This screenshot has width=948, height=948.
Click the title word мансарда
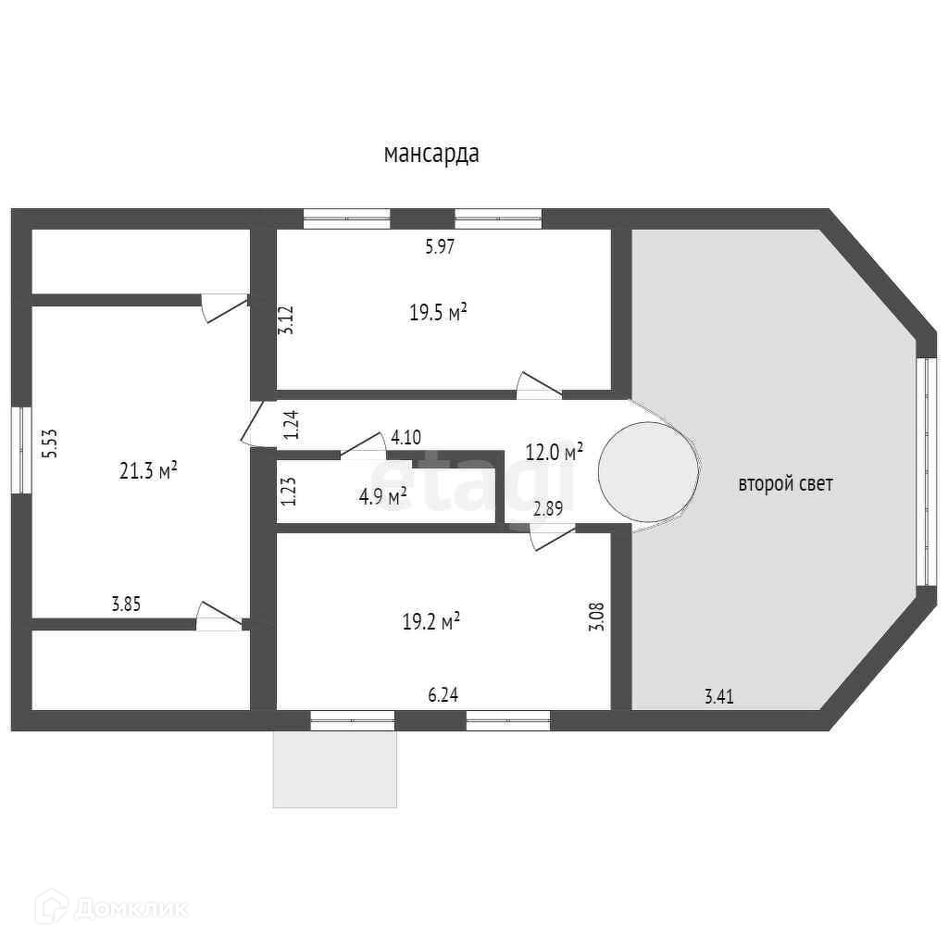[431, 154]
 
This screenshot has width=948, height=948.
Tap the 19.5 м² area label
[438, 313]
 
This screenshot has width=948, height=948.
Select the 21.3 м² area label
[148, 471]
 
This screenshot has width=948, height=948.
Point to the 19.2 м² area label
[431, 622]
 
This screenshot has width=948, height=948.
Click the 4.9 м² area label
[383, 497]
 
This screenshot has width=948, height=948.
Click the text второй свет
[785, 483]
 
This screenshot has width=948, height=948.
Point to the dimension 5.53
[53, 443]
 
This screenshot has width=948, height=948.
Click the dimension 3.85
[126, 605]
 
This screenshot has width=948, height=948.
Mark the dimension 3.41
[718, 697]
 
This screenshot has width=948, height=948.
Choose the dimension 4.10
[406, 437]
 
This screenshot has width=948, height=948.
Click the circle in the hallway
[648, 472]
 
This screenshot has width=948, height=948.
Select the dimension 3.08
[596, 617]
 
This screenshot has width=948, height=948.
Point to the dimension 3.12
[288, 320]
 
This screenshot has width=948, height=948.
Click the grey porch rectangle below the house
[335, 768]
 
